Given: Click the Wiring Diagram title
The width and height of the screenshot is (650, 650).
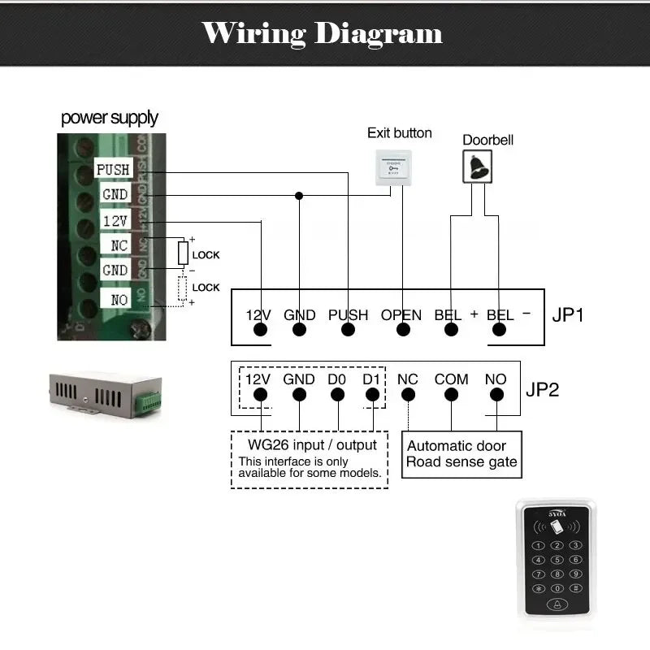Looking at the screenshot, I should click(x=323, y=33).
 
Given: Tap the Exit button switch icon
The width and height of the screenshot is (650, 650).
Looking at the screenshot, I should click(x=393, y=168).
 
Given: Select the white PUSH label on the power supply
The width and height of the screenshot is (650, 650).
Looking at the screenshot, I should click(x=112, y=169).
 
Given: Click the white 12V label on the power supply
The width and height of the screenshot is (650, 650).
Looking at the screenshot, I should click(x=115, y=220).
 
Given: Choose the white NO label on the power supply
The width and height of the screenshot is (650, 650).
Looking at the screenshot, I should click(x=119, y=299).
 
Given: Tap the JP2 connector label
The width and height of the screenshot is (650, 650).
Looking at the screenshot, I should click(x=543, y=389).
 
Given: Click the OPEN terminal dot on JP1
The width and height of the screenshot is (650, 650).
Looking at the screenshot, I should click(x=402, y=330).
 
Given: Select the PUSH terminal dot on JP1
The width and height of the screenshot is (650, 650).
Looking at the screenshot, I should click(x=349, y=330).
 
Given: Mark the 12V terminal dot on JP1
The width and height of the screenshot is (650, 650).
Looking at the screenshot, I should click(x=260, y=330).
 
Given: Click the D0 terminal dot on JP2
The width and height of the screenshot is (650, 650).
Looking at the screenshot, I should click(x=337, y=395).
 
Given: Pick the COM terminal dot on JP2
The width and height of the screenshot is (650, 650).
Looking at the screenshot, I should click(x=451, y=395).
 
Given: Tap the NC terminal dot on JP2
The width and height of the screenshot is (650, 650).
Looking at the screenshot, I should click(x=408, y=395).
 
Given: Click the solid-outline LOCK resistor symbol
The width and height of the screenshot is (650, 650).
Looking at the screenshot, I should click(x=184, y=253).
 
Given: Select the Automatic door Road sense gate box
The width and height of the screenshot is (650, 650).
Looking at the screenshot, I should click(x=461, y=454).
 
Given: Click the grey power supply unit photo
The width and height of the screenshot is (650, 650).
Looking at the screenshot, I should click(x=105, y=395).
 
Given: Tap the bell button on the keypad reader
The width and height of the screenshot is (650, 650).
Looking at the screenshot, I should click(x=557, y=604).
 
